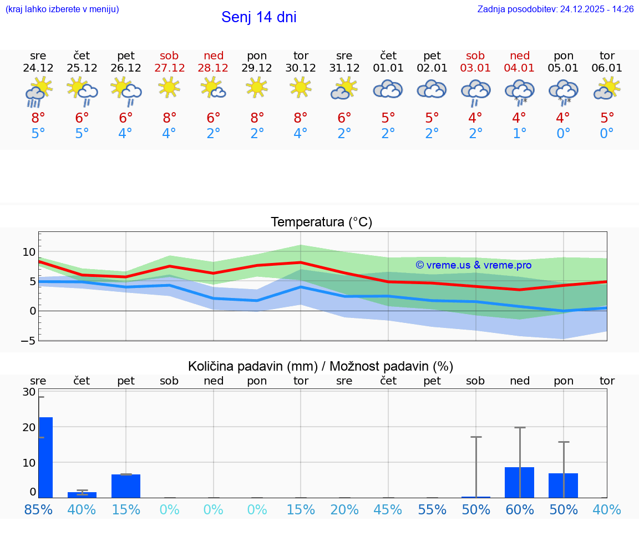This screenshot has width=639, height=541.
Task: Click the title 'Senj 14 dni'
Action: (x=258, y=17)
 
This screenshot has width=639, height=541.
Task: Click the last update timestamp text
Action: (x=555, y=9)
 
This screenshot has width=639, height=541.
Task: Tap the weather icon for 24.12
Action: (x=38, y=92)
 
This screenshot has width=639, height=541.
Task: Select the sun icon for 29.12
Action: (x=257, y=88)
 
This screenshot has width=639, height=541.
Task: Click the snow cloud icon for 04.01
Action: (x=519, y=92)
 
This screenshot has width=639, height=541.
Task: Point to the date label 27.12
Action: (x=169, y=68)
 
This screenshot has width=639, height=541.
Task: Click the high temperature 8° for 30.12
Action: (x=301, y=118)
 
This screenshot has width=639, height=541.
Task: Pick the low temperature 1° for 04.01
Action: (x=519, y=134)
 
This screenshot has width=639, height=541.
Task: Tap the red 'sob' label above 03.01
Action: (x=475, y=55)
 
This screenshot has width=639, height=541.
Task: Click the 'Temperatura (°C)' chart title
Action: (x=321, y=222)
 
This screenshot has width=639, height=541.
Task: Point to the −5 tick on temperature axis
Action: (x=28, y=340)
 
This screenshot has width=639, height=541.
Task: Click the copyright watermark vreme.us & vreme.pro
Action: (x=473, y=265)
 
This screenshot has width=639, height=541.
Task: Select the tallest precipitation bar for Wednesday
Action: (x=45, y=457)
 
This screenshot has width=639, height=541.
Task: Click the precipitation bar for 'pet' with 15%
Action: (x=126, y=486)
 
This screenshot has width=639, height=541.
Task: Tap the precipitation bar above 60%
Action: (x=519, y=482)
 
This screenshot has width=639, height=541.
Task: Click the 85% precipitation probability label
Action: (x=38, y=509)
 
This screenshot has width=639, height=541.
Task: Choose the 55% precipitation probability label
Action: (x=432, y=509)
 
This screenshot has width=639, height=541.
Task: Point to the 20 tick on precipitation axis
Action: (x=29, y=427)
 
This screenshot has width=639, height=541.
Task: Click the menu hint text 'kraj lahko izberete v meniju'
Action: (x=62, y=9)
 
